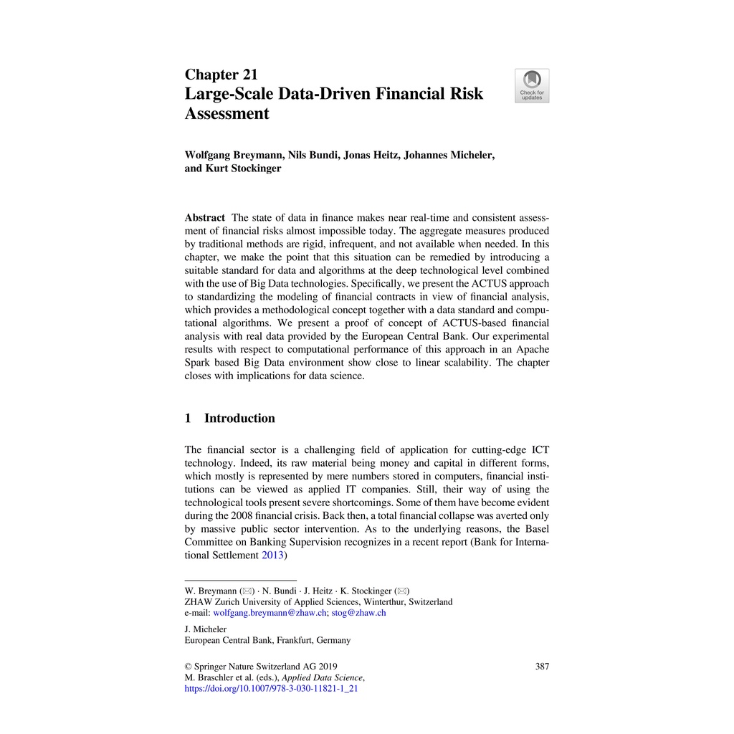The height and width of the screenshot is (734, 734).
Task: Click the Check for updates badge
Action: [x=532, y=86]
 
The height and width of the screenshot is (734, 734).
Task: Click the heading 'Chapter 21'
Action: [x=221, y=75]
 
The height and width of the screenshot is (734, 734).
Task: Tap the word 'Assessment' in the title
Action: [x=227, y=114]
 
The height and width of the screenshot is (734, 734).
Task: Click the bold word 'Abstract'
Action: [x=204, y=218]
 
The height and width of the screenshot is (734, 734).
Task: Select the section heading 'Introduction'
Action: [x=239, y=418]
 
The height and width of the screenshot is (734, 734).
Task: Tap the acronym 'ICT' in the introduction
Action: [x=539, y=449]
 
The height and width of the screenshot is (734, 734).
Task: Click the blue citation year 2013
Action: [x=272, y=555]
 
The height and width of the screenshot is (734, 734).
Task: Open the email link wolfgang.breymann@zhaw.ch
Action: [x=270, y=613]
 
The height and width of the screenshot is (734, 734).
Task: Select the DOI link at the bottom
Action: [x=271, y=689]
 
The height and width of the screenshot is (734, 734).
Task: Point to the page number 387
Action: [x=542, y=666]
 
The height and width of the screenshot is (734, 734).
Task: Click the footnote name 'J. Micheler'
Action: [x=206, y=629]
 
